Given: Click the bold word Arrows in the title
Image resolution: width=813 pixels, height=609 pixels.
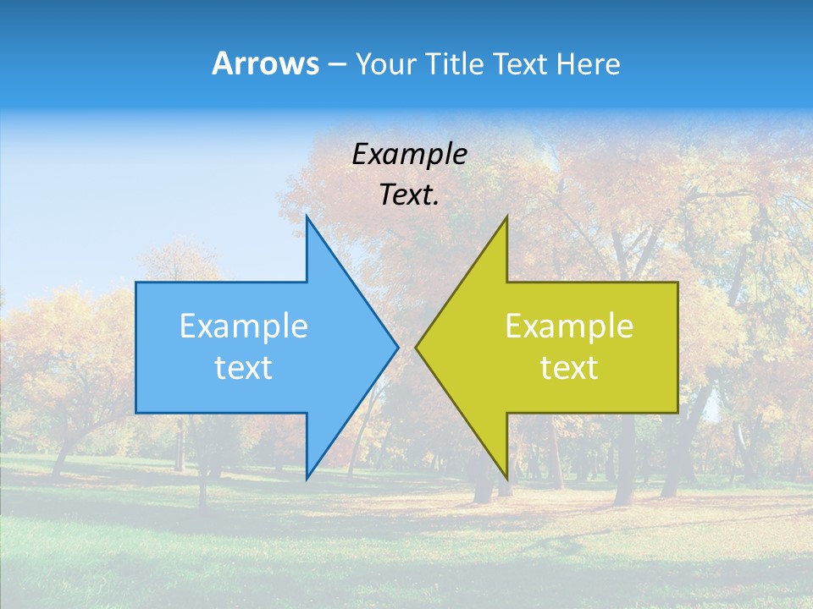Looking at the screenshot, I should tap(265, 63).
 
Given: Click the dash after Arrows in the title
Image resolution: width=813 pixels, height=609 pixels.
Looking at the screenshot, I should tap(336, 64).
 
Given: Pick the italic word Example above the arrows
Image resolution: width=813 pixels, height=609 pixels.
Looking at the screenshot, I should tap(409, 154).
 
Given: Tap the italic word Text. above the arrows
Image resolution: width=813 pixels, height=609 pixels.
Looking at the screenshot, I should tap(409, 195).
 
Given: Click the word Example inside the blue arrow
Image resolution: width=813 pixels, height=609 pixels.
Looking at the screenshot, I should tap(243, 326).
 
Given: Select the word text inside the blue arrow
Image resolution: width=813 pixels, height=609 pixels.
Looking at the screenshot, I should tap(243, 367).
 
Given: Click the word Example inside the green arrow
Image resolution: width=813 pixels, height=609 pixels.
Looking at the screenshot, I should tap(569, 326).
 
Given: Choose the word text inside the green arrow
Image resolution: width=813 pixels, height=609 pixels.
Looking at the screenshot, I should tap(569, 367).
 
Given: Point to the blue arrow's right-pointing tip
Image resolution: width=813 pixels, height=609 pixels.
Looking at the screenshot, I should tap(397, 347).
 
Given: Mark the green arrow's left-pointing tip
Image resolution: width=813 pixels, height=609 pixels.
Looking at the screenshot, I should tap(417, 347).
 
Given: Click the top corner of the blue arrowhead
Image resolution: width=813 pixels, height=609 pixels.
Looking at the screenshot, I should tap(307, 217).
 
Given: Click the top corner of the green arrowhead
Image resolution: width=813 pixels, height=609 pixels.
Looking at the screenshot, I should tap(506, 217).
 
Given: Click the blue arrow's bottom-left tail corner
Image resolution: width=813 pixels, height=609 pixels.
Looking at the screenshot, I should tap(136, 413).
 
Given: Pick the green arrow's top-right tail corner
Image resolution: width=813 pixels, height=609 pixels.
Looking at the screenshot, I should tap(677, 283).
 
